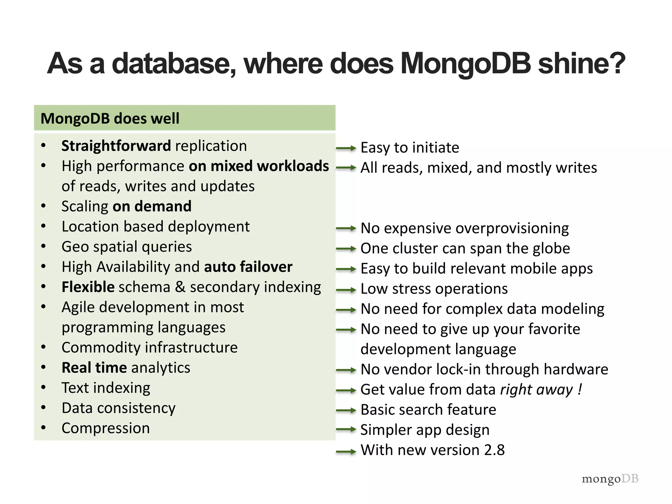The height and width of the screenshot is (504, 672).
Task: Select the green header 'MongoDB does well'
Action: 184,118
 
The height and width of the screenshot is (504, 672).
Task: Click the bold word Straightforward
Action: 116,146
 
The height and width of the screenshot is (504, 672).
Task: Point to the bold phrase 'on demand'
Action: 152,206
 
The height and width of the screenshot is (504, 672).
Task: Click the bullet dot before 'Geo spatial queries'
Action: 43,247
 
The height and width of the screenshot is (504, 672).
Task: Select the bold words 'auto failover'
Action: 248,267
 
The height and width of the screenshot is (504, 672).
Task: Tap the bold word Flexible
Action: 88,287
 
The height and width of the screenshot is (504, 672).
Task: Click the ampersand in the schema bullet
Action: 180,287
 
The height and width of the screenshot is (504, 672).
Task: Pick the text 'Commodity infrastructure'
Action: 150,347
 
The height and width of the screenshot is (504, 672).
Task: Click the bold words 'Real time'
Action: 94,368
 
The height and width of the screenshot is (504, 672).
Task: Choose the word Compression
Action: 106,428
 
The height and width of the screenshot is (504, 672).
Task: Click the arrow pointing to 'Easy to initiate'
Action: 346,148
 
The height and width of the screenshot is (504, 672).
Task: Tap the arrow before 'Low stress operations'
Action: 346,290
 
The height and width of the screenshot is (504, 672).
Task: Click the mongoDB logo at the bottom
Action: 610,479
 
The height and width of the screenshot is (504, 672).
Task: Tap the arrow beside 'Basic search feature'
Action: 346,410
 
